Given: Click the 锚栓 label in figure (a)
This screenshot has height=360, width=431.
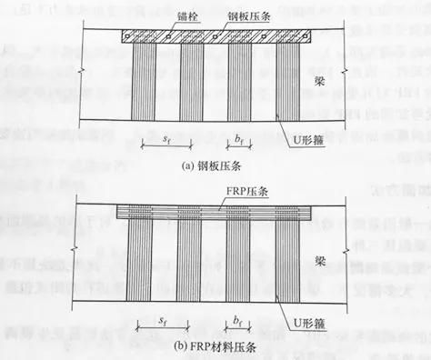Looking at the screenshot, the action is click(163, 15).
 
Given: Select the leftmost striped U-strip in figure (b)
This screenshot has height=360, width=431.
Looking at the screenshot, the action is click(148, 264).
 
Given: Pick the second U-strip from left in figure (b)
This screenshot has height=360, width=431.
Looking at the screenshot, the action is click(194, 264).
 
